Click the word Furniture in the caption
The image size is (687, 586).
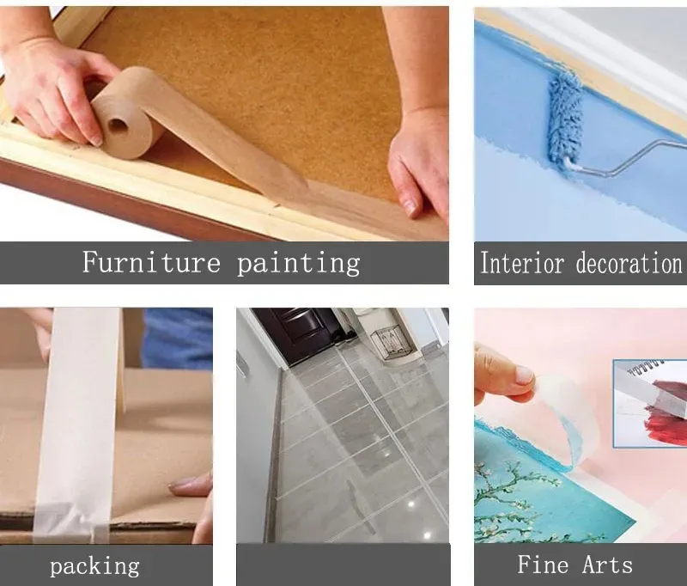(151, 262)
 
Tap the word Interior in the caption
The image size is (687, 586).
(525, 263)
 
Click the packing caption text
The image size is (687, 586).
(94, 565)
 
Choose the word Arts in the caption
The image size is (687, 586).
(606, 565)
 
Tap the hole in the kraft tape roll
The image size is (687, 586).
(118, 125)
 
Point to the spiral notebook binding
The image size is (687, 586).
(645, 370)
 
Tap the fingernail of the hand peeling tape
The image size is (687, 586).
(523, 375)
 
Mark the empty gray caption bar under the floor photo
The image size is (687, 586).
(343, 565)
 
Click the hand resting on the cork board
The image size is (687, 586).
(418, 163)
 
